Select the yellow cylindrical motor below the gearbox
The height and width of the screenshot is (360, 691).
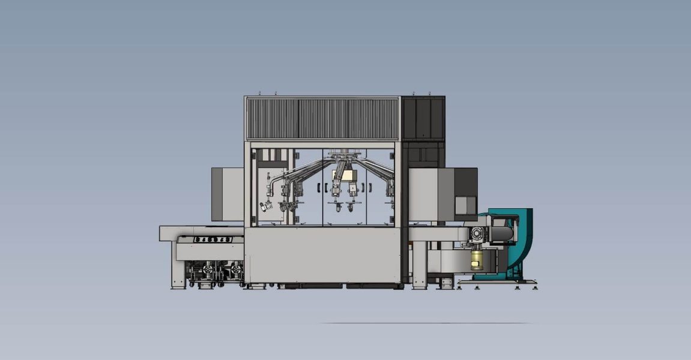click(477, 259)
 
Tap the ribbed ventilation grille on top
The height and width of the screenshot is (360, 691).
click(322, 119)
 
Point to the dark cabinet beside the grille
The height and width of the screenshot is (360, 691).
click(423, 118)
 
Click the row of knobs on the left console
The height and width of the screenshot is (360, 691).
click(213, 239)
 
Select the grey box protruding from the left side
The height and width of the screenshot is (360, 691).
click(227, 194)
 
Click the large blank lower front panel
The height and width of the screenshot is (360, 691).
click(322, 254)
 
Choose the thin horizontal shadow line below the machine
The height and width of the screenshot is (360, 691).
click(426, 323)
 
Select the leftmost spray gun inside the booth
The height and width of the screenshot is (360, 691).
click(265, 206)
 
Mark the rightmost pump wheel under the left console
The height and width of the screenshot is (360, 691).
click(236, 271)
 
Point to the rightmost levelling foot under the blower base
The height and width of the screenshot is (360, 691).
click(534, 287)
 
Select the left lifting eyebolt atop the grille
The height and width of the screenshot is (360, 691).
click(259, 93)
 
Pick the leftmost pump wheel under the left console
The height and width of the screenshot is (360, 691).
click(195, 271)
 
